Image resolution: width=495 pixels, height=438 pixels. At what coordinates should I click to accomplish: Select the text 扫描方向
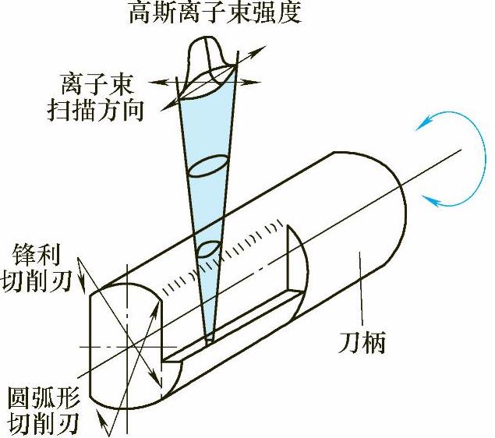(x=96, y=109)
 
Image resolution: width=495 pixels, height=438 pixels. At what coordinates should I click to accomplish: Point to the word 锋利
(x=36, y=253)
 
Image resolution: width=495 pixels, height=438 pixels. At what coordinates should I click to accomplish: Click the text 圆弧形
(x=37, y=399)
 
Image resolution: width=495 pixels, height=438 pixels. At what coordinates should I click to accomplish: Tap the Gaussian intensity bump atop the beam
(x=208, y=55)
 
